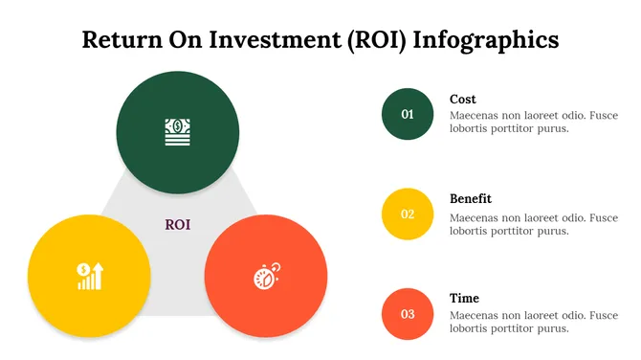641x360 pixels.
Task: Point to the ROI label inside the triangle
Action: tap(178, 225)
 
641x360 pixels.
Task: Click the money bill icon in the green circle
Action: tap(178, 130)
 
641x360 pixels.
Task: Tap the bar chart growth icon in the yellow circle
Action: tap(89, 276)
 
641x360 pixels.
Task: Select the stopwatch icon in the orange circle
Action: tap(266, 276)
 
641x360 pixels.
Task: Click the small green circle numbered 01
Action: tap(408, 115)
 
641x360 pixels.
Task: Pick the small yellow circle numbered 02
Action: tap(408, 214)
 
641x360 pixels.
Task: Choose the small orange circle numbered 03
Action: tap(408, 314)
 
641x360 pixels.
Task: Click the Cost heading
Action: tap(463, 99)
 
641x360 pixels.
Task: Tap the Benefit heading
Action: tap(471, 198)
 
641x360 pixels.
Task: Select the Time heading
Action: tap(465, 298)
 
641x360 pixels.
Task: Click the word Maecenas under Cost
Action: tap(475, 115)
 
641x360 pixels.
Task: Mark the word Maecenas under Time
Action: tap(475, 314)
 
